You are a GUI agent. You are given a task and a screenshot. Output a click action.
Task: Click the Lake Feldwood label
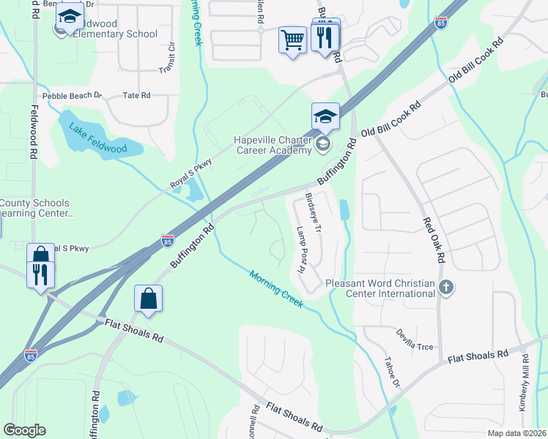point(98,138)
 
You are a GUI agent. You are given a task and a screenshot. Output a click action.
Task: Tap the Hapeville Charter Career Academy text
point(274,146)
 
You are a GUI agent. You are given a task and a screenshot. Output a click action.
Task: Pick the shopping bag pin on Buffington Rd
point(148,299)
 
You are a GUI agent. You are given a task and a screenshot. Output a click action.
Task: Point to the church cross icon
point(446,287)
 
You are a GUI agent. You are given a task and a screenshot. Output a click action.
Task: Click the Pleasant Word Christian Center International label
point(380,288)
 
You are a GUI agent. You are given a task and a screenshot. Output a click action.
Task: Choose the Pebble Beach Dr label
point(72,96)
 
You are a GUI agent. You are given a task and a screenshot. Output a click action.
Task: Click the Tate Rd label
point(136,96)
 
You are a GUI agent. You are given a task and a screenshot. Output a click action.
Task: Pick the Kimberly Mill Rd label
point(525,383)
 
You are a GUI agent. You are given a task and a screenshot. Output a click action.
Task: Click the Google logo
point(24,430)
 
